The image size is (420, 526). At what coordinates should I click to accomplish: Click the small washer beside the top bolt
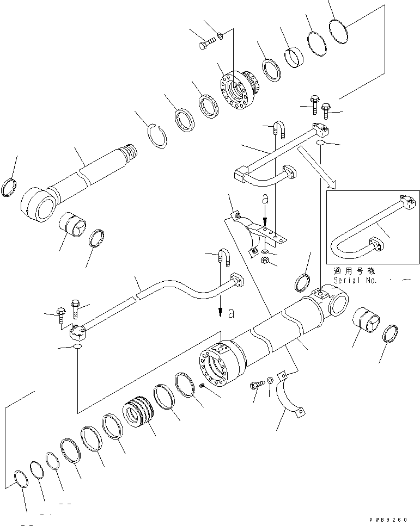[219, 37]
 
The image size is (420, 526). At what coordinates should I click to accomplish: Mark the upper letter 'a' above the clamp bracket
[265, 200]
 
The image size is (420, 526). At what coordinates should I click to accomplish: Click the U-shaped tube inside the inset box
[354, 234]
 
